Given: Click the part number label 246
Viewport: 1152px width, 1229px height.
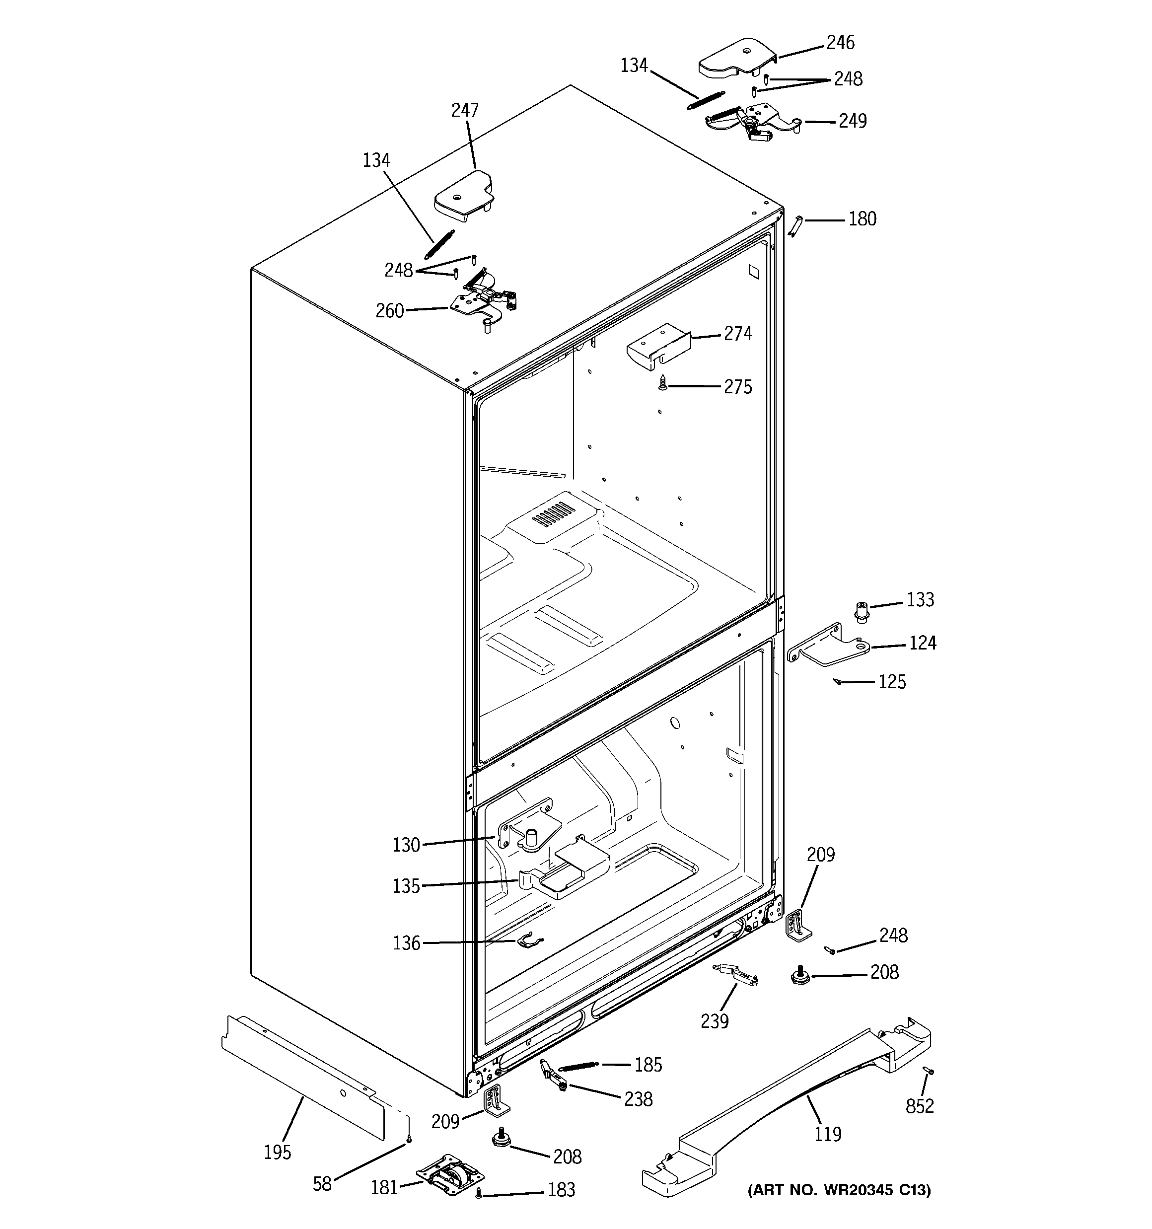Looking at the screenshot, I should point(840,43).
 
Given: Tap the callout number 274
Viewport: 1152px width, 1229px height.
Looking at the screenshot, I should point(738,334).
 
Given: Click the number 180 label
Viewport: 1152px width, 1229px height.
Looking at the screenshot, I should point(862,219).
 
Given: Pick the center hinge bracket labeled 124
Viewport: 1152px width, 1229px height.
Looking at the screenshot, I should point(829,647).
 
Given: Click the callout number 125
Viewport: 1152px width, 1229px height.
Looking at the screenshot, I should point(892,682).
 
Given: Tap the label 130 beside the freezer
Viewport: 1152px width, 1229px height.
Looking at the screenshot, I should point(406,845).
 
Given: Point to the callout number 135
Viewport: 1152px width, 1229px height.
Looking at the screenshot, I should point(406,886).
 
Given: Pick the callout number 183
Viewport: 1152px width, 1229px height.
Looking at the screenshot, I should point(561,1189).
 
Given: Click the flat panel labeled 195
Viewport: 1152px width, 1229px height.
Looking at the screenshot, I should point(303,1073).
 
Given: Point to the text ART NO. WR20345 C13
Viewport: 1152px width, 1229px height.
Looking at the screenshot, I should point(839,1189).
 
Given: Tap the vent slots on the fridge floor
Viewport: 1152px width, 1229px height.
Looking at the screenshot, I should point(554,513).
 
